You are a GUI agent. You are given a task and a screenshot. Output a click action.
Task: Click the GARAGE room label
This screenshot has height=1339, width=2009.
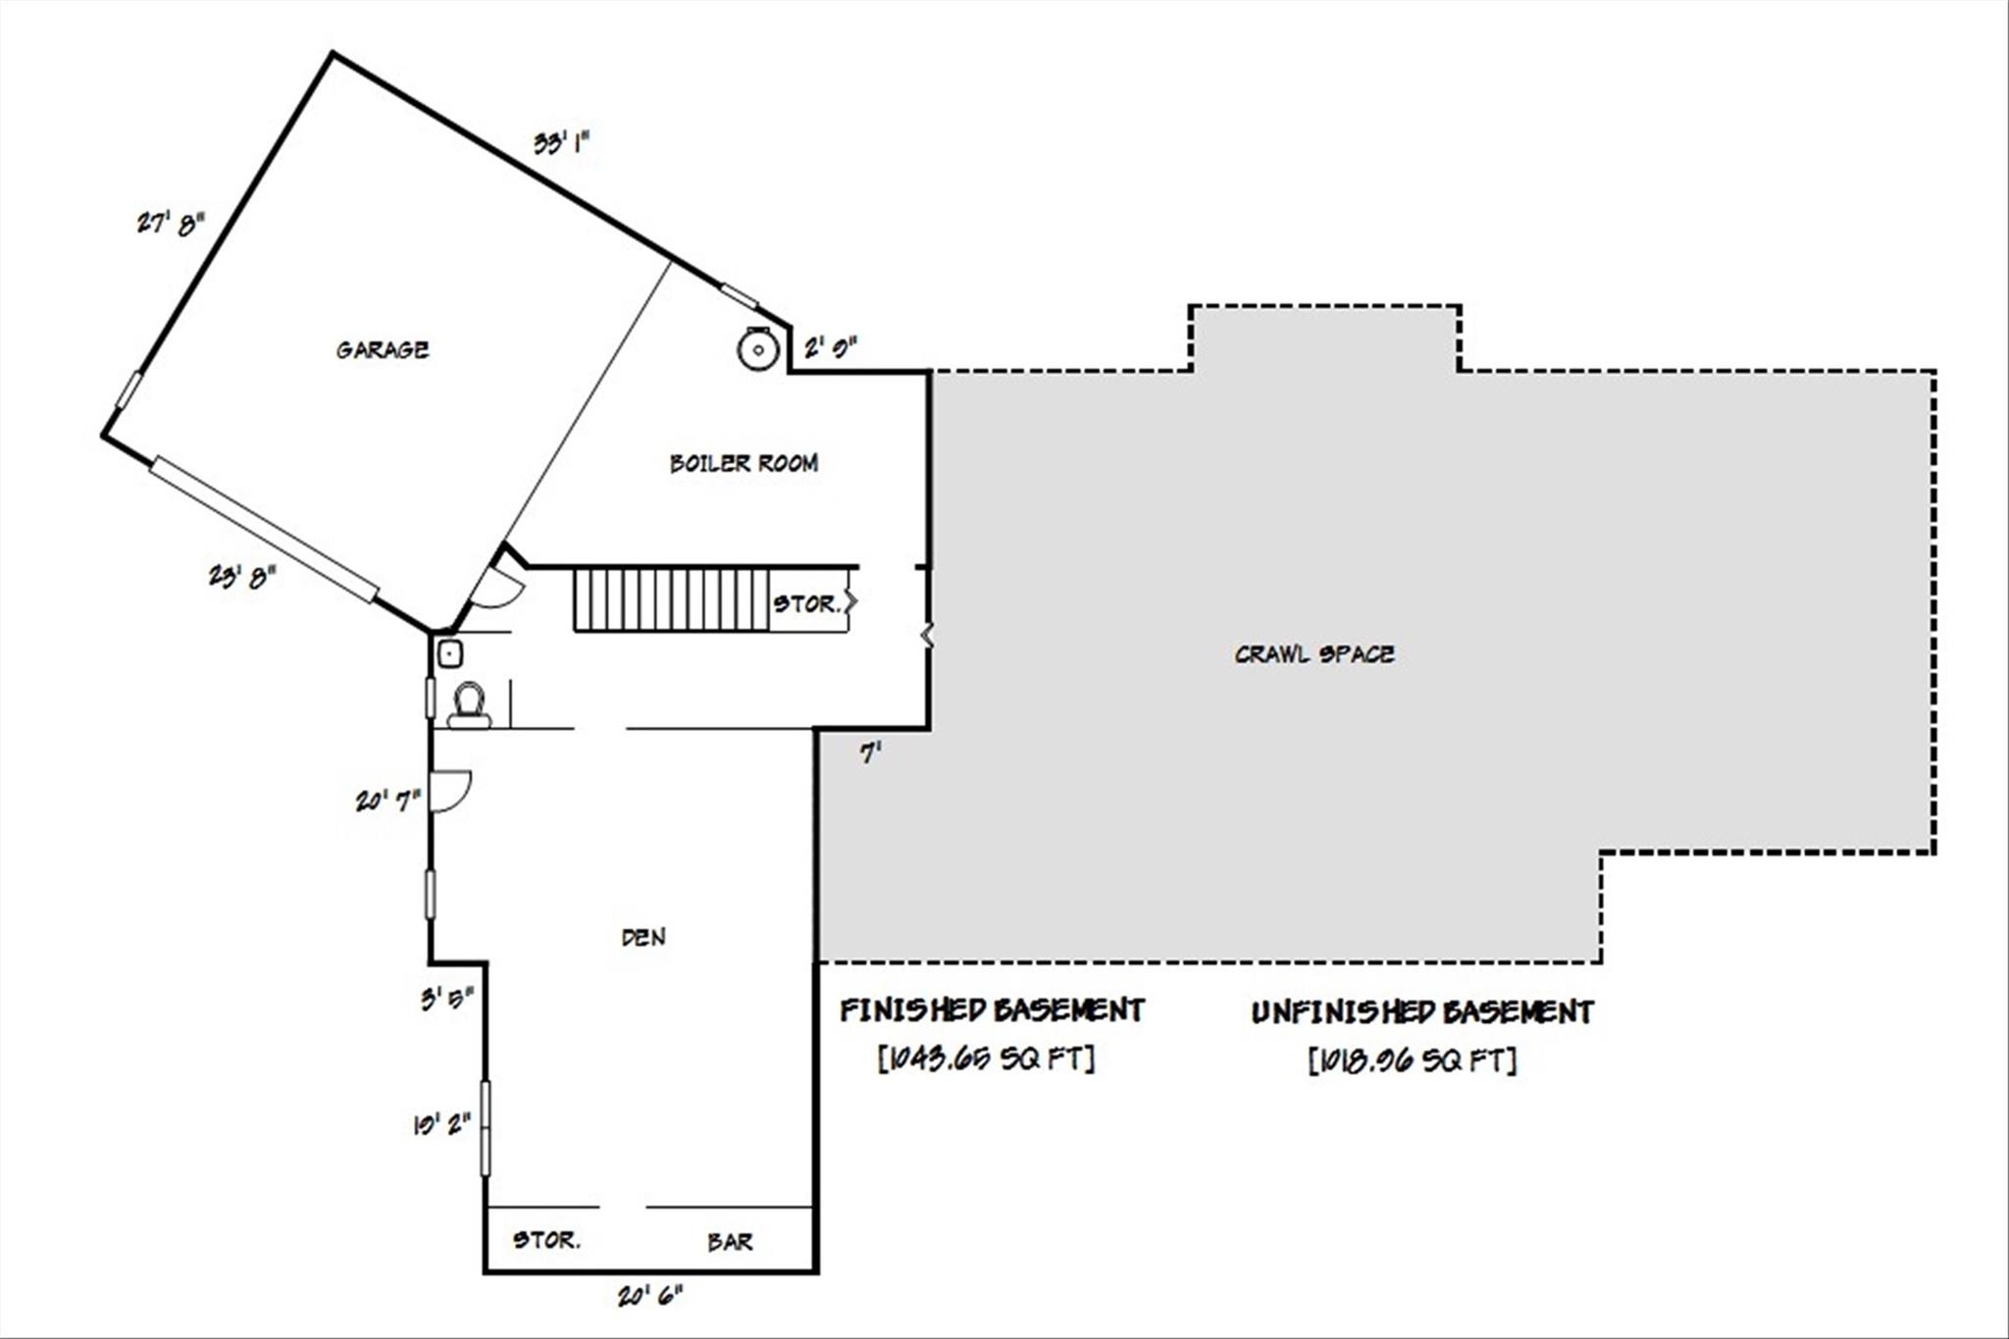point(382,349)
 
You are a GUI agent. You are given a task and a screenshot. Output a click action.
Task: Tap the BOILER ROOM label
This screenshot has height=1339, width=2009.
point(744,463)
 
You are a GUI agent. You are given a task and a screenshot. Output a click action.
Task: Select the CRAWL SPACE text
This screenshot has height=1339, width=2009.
point(1314,654)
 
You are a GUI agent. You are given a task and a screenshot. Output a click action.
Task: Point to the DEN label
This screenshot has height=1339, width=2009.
point(644,937)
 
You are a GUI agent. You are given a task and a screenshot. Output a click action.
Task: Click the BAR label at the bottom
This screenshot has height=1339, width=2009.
point(730,1242)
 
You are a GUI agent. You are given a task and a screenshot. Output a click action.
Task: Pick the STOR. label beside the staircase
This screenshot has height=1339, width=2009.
point(806,604)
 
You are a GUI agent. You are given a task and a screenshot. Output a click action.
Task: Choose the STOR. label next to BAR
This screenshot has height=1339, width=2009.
point(546,1240)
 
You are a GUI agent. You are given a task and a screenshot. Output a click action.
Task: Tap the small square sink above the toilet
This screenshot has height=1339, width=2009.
point(449,652)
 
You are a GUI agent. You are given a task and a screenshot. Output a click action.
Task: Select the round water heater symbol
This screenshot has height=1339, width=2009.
point(758,349)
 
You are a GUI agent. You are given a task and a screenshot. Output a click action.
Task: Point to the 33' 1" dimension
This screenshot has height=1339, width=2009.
point(561,143)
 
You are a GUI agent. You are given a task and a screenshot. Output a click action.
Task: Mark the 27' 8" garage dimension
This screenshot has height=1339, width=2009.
point(171,224)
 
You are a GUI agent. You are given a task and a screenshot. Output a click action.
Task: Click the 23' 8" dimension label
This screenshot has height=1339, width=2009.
point(241,576)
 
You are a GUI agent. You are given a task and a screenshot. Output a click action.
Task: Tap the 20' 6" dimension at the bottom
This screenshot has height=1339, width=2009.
point(649,1296)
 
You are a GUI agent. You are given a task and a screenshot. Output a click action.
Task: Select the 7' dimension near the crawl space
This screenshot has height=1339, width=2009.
point(870,753)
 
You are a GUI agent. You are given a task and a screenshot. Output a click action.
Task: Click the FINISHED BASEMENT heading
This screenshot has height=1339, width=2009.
point(992,1010)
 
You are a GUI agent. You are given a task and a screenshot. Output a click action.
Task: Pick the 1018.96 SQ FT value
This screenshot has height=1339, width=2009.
point(1412,1060)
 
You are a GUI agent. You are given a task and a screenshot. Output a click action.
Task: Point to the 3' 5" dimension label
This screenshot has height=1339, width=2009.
point(447,1000)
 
